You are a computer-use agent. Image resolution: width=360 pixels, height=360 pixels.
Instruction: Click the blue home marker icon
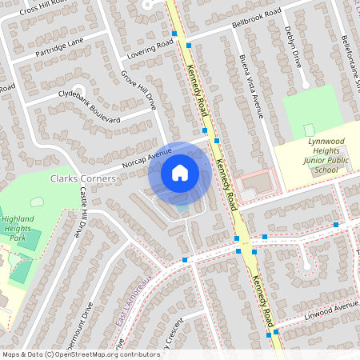click(x=180, y=172)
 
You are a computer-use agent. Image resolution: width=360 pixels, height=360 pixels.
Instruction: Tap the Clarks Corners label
click(x=83, y=178)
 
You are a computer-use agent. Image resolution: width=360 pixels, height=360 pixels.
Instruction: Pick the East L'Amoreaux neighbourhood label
click(x=133, y=296)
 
